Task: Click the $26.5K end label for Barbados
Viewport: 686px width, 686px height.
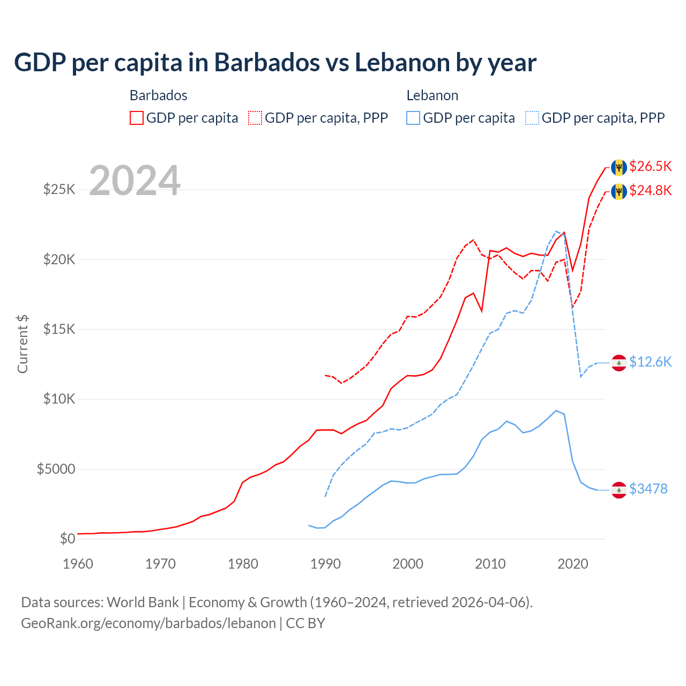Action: coord(650,167)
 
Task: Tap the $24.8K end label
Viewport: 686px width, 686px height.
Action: coord(650,191)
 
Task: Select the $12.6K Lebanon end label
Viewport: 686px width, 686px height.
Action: coord(650,362)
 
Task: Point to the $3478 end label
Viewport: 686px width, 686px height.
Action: coord(648,489)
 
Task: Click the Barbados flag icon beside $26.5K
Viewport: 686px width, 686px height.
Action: coord(619,167)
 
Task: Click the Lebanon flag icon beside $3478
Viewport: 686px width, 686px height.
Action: coord(619,490)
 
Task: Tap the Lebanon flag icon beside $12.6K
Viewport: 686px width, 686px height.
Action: coord(619,363)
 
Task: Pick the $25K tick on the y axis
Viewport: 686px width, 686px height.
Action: coord(59,190)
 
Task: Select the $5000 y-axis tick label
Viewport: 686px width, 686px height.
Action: coord(56,469)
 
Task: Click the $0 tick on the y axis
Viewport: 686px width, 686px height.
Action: coord(67,539)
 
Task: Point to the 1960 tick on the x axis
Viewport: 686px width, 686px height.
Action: coord(78,564)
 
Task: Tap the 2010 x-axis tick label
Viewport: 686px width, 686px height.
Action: coord(490,564)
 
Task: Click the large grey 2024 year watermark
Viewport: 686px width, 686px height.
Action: coord(135,181)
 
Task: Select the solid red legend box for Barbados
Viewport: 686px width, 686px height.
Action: coord(137,118)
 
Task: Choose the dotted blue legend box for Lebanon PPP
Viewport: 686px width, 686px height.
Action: coord(532,118)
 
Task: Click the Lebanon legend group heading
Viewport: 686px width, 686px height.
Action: coord(432,95)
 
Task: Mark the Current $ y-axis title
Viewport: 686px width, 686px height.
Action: coord(23,344)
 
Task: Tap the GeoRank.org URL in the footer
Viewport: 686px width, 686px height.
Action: coord(148,623)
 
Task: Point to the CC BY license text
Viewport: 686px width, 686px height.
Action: coord(305,623)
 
